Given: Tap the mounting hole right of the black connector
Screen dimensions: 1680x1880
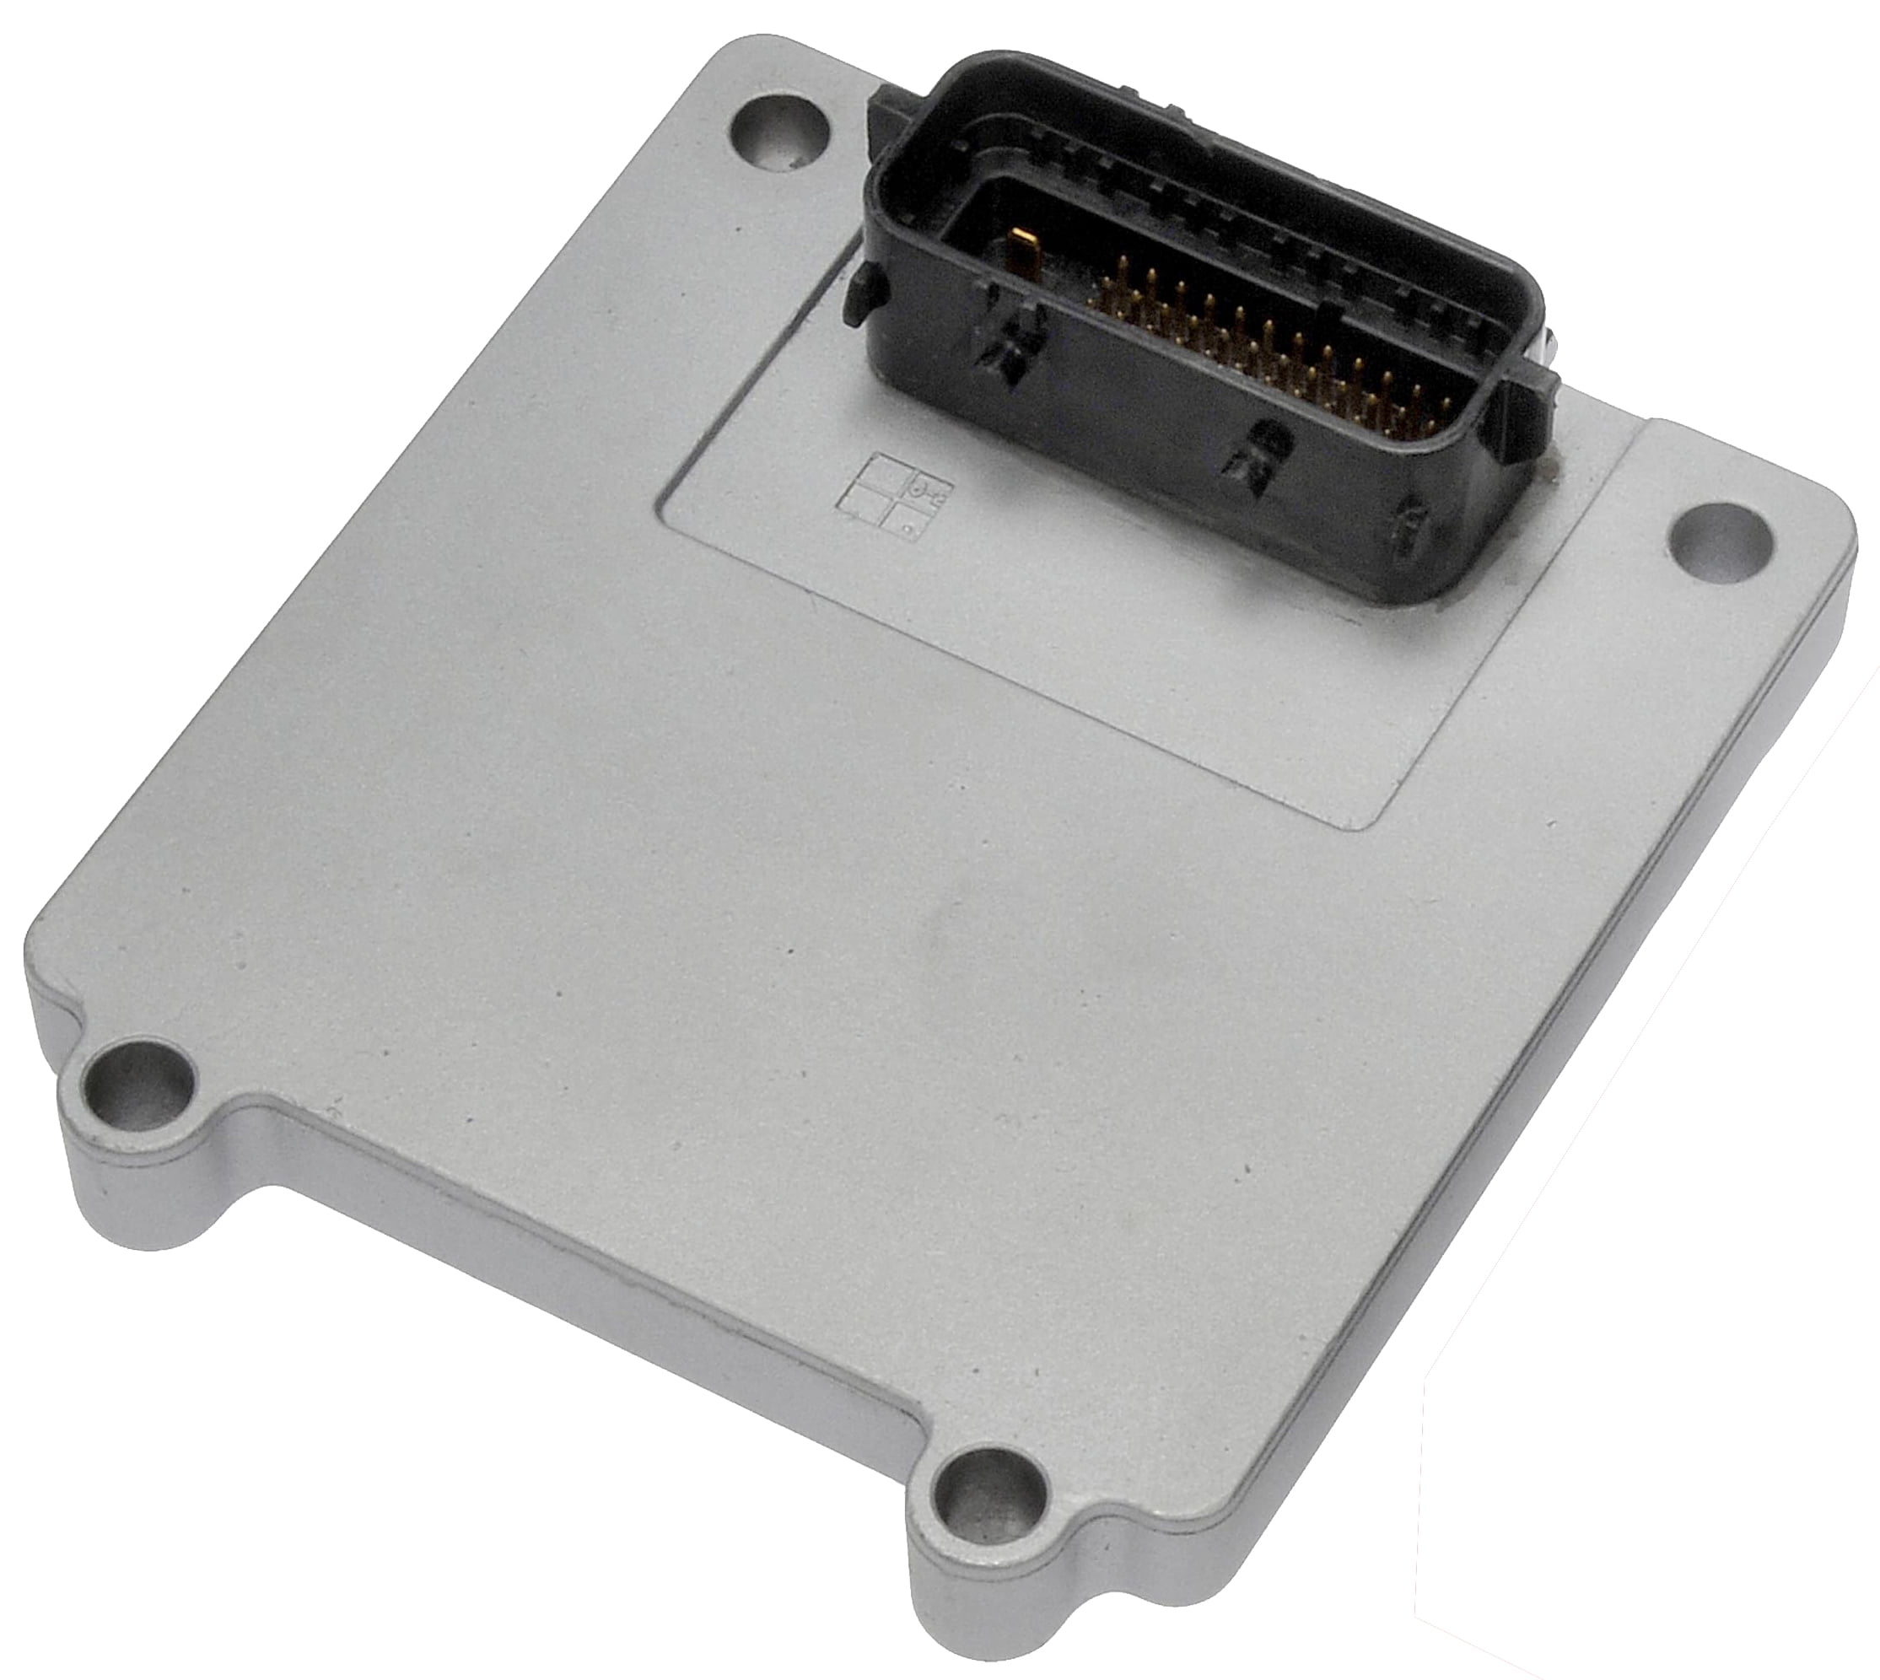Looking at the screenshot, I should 1722,539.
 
